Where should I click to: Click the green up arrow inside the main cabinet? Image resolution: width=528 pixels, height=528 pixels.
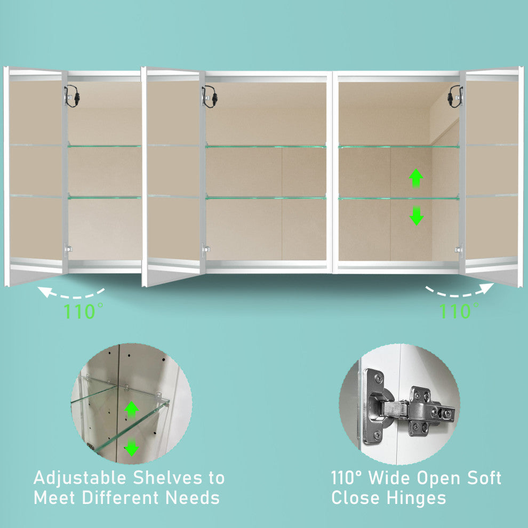[416, 178]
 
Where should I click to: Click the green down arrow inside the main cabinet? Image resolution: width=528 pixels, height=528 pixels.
[417, 216]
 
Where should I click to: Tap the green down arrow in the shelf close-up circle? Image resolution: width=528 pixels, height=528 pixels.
[131, 447]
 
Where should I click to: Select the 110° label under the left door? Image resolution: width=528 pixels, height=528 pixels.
[83, 311]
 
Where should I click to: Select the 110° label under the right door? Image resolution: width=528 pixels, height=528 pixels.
[459, 311]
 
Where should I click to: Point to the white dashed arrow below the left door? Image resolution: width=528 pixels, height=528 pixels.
[71, 294]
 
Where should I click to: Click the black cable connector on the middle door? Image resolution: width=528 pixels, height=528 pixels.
[210, 97]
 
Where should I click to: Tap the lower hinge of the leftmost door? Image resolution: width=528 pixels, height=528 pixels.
[68, 249]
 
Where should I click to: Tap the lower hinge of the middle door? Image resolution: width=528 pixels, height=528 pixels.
[206, 250]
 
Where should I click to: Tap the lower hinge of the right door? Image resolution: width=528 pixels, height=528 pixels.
[458, 250]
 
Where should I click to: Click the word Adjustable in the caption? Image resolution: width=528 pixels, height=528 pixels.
[80, 478]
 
